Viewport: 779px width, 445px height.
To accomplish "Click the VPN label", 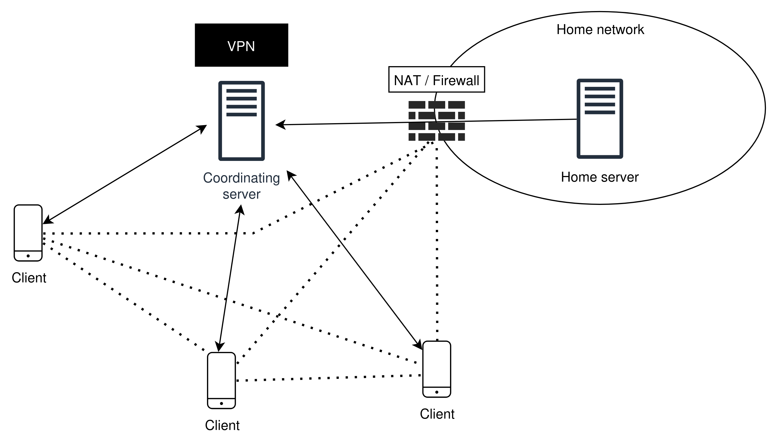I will coord(241,47).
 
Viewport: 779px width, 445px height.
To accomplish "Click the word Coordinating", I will coord(241,178).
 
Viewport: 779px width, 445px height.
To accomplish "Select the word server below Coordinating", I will coord(241,194).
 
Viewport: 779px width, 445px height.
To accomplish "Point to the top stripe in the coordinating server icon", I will coord(241,91).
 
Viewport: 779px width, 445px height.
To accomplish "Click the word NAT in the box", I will coord(407,81).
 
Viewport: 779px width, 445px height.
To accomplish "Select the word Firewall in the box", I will coord(456,81).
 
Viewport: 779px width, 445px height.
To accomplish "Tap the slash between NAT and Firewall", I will coord(427,81).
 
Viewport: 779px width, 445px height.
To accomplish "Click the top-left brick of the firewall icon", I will coord(417,105).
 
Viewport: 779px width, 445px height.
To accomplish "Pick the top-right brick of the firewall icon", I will coord(456,105).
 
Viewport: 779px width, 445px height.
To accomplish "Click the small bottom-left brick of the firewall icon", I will coord(412,137).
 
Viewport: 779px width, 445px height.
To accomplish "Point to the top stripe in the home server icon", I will coord(600,89).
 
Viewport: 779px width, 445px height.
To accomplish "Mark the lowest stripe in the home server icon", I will coord(600,112).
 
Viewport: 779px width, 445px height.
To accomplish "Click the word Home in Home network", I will coord(575,30).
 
